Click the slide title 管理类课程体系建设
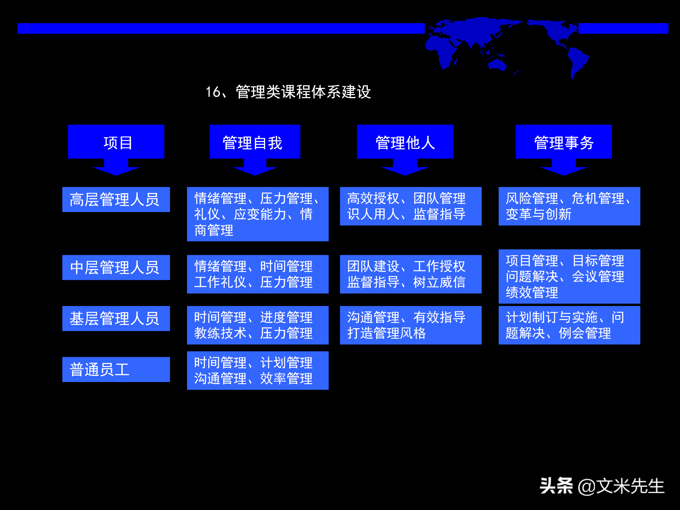288,92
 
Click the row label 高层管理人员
116,200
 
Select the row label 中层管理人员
116,268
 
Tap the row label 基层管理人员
116,319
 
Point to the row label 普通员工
116,370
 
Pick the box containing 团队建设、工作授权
410,274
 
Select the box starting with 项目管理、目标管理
569,276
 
